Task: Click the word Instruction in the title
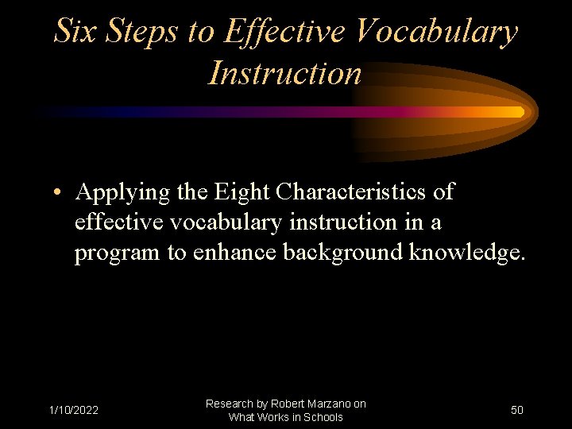(x=284, y=73)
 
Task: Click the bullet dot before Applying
(x=60, y=194)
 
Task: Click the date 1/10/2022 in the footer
(x=73, y=411)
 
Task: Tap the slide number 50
(x=516, y=411)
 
